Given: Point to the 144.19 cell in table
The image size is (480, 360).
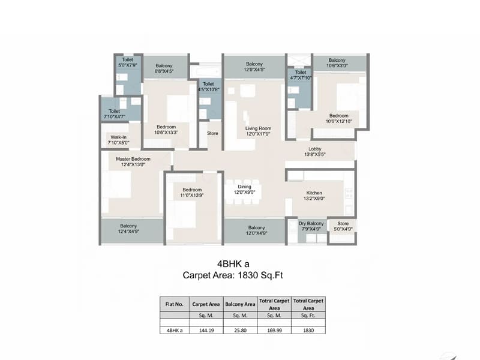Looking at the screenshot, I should coord(206,329).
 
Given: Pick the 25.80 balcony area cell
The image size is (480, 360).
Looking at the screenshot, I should coord(240,329).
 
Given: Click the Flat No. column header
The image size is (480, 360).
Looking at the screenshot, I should coord(174,304).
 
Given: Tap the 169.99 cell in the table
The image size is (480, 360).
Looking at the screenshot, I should coord(274,329).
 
